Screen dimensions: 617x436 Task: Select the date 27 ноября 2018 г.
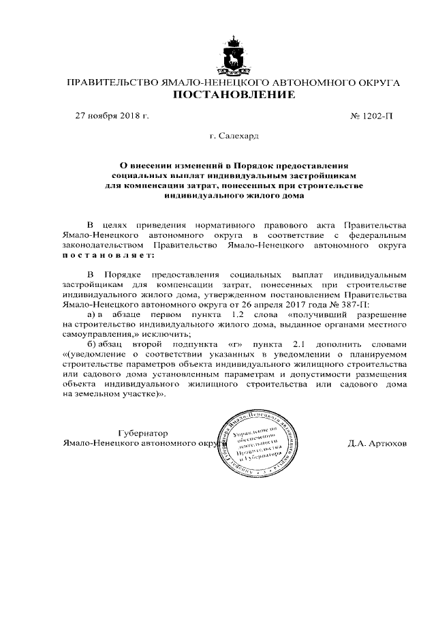[112, 117]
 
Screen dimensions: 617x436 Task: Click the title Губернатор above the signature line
[142, 432]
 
